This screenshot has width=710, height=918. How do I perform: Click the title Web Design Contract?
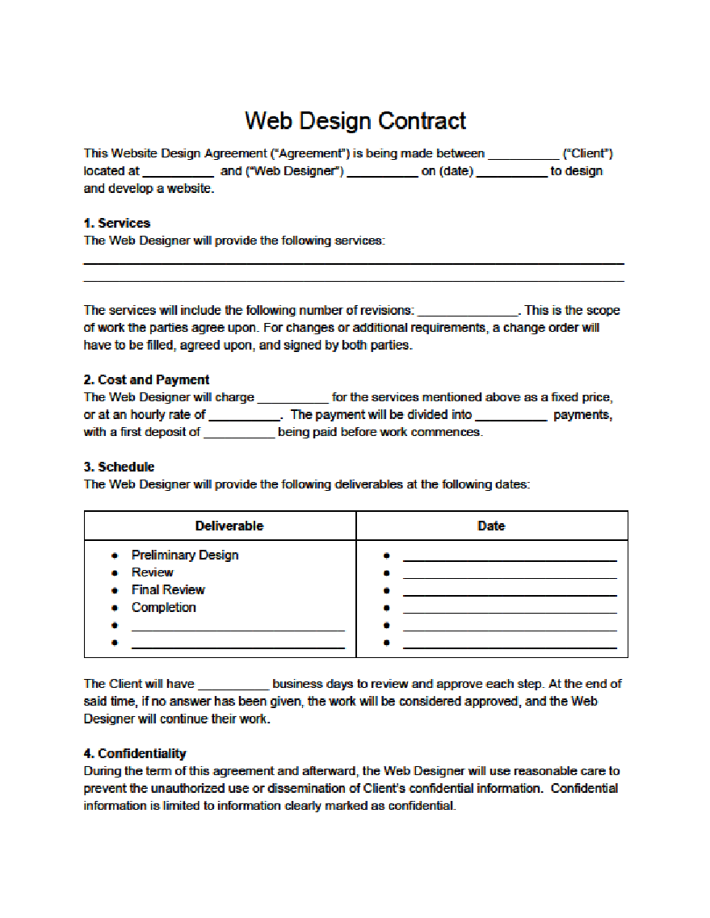(x=355, y=121)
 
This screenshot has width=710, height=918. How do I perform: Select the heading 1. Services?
(x=117, y=224)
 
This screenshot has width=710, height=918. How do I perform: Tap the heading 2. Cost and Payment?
(x=146, y=379)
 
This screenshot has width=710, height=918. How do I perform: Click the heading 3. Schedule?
(x=119, y=467)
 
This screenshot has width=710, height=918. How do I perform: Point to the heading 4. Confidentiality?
(x=135, y=753)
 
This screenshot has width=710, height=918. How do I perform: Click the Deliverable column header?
(x=229, y=526)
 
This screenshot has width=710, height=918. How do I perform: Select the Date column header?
(x=491, y=526)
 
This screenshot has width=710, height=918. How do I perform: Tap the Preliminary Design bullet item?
(x=185, y=555)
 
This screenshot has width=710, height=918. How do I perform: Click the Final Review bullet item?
(x=168, y=589)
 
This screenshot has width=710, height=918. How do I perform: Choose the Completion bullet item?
(x=164, y=607)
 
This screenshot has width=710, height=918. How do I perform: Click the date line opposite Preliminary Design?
(x=510, y=559)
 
